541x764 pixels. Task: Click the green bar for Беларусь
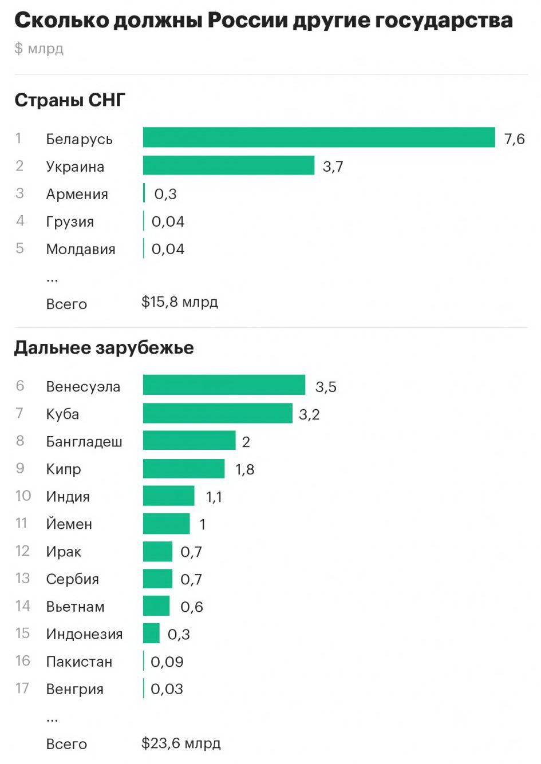[x=318, y=138]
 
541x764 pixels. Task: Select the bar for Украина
[x=228, y=165]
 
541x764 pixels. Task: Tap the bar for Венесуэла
[x=224, y=385]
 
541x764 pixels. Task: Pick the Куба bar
[x=218, y=413]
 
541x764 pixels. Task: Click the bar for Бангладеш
[x=189, y=441]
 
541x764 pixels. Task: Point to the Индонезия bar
[x=151, y=634]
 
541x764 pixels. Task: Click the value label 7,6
[x=514, y=139]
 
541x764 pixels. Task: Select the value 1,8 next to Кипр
[x=244, y=469]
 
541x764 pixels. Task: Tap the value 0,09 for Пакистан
[x=167, y=662]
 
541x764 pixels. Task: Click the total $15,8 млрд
[x=179, y=302]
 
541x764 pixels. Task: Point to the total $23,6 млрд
[x=180, y=743]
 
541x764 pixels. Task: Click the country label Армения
[x=77, y=194]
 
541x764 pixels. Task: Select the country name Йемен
[x=69, y=524]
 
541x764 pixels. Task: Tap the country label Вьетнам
[x=75, y=607]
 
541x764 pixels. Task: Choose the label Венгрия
[x=74, y=689]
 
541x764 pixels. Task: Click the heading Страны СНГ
[x=69, y=100]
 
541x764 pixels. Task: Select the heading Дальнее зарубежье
[x=104, y=348]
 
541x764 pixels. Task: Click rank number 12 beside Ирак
[x=22, y=551]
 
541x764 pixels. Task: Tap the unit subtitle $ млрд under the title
[x=39, y=49]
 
